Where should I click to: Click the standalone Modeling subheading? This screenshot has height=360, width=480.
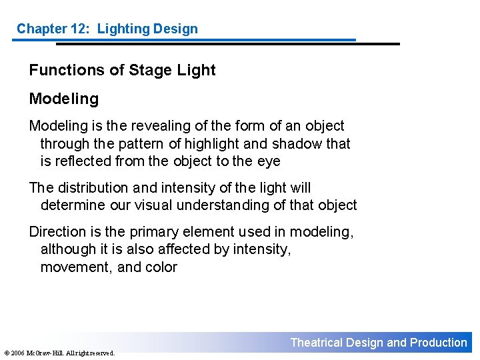click(x=63, y=99)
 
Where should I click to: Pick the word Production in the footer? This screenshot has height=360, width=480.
click(x=438, y=343)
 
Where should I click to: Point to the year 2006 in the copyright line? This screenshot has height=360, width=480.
click(x=17, y=353)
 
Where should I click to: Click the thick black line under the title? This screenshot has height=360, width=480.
click(x=227, y=44)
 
